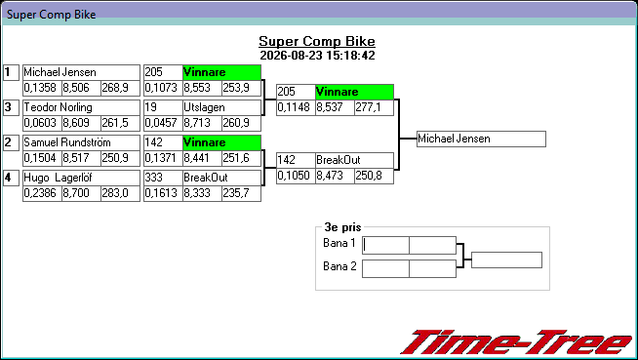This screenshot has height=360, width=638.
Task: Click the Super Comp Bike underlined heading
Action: [317, 41]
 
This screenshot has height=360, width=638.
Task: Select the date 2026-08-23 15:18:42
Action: [317, 56]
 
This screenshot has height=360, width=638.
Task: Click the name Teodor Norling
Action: [58, 107]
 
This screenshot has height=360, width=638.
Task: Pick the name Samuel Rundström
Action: [67, 142]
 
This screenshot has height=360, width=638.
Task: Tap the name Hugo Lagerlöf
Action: [58, 178]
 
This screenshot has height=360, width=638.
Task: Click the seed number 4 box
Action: [11, 178]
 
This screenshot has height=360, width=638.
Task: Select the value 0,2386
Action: [40, 193]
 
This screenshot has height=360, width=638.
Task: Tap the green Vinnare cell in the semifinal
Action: [354, 92]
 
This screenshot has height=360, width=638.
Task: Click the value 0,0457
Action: [161, 123]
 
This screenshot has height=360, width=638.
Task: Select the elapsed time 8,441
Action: [197, 158]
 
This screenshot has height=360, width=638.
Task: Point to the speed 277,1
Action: [368, 107]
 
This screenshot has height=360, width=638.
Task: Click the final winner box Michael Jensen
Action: [481, 139]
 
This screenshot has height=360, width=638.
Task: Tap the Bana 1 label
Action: [339, 243]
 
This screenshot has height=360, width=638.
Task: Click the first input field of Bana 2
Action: [385, 269]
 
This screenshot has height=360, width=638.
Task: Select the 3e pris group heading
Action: [342, 227]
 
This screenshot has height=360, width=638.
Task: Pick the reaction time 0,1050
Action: [294, 176]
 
